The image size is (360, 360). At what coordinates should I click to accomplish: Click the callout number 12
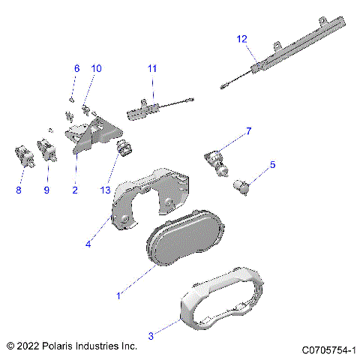(x=241, y=38)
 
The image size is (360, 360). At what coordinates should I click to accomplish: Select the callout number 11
(x=152, y=68)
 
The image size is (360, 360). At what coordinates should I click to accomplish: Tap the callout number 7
(x=248, y=131)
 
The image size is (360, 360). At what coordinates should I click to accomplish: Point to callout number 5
(x=272, y=164)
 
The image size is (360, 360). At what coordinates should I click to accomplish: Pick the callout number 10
(x=96, y=68)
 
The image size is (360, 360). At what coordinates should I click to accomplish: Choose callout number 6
(x=76, y=68)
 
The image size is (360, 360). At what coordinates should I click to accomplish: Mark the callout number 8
(x=19, y=190)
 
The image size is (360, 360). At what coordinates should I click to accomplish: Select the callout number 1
(x=117, y=295)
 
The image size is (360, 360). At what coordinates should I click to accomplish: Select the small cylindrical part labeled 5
(x=243, y=187)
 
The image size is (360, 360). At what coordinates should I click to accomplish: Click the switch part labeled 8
(x=23, y=155)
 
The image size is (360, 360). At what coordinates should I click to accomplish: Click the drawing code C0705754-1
(x=328, y=349)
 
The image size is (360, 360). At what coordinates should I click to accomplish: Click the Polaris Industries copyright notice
(x=71, y=346)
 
